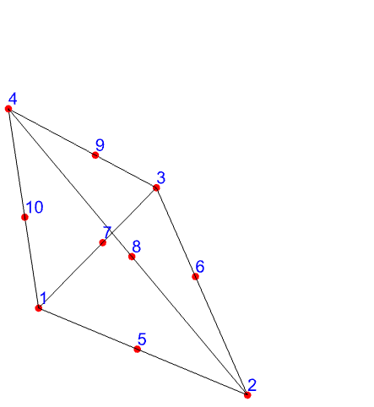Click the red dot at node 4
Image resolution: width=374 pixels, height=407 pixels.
coord(8,109)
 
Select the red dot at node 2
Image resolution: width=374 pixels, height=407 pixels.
coord(247,395)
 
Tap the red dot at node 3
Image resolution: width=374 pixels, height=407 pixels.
coord(156,187)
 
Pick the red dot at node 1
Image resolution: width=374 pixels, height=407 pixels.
coord(39,308)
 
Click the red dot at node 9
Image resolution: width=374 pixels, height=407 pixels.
coord(95,155)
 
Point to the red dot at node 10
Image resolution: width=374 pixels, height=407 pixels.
coord(24,217)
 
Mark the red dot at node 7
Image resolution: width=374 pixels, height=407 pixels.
coord(103,242)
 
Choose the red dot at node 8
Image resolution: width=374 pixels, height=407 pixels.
coord(132,257)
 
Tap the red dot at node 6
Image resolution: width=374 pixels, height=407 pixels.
coord(195,277)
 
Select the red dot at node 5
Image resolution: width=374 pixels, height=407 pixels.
coord(137,350)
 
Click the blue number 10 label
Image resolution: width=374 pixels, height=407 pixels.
coord(35,207)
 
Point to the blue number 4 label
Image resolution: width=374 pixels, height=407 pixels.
coord(13,99)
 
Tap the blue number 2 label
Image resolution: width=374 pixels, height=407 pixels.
coord(252,385)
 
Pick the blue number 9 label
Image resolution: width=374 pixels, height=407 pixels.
coord(100,145)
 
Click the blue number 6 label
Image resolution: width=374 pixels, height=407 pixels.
coord(200,266)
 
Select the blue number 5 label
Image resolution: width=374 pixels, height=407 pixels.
coord(142,339)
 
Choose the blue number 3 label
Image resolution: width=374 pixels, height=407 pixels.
coord(161,178)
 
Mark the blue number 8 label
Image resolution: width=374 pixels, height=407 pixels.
coord(137,247)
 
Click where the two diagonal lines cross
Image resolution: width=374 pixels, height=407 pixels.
coord(111,232)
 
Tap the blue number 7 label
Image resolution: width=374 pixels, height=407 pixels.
coord(107,232)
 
